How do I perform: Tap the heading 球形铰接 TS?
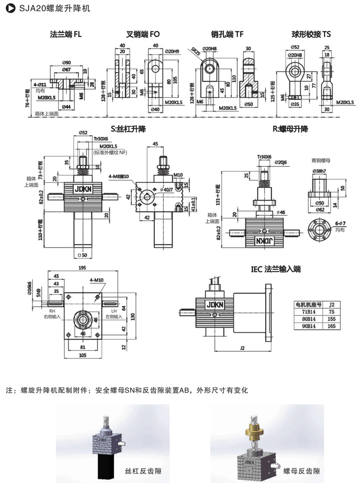click(x=311, y=34)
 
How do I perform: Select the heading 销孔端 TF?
click(x=227, y=34)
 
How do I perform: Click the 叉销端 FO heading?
click(x=143, y=34)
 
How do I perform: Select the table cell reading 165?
click(x=332, y=327)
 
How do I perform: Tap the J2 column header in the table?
click(x=332, y=303)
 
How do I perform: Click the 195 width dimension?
click(x=82, y=268)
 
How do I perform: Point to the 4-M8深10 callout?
click(x=118, y=176)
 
